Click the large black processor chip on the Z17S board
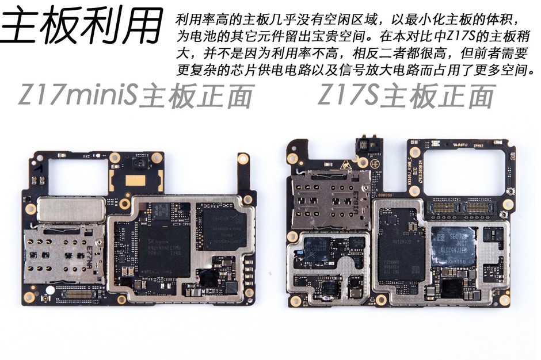(x=401, y=251)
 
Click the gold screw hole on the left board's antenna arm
(x=243, y=158)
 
